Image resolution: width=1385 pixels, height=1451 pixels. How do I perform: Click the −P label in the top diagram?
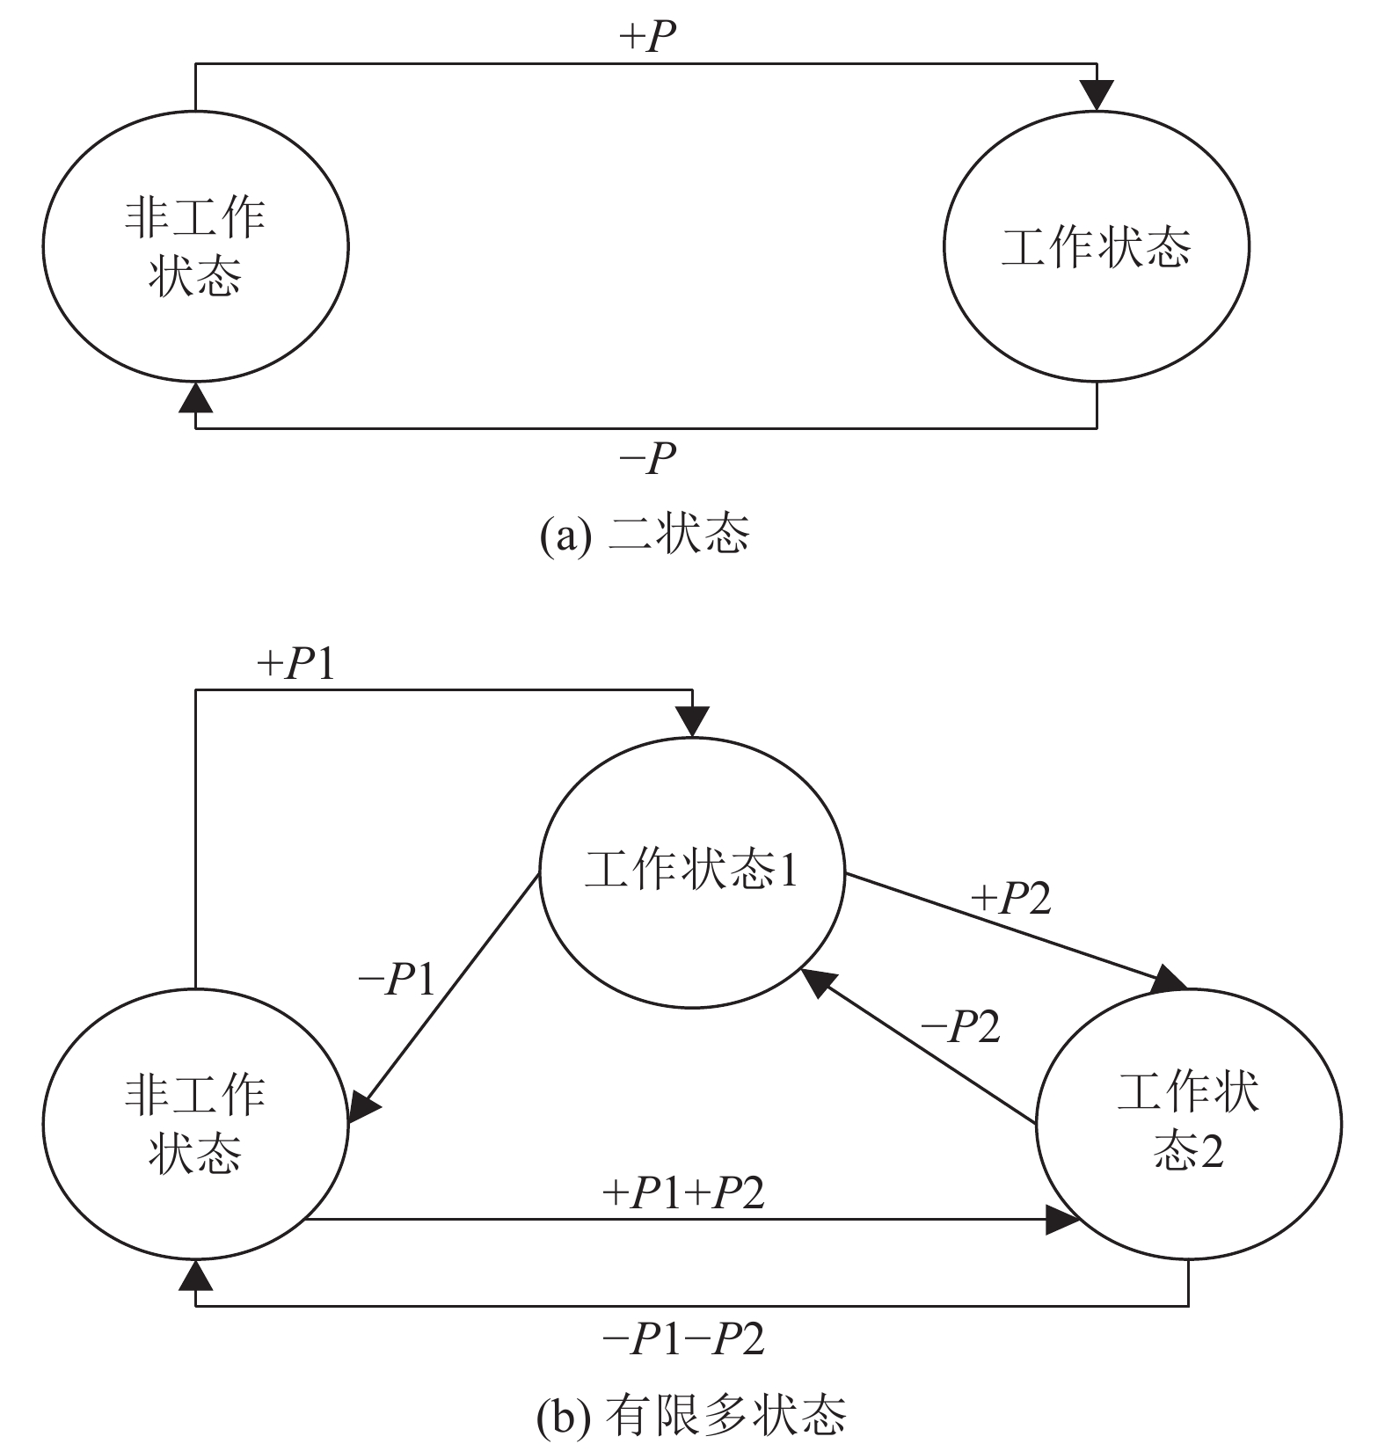648,457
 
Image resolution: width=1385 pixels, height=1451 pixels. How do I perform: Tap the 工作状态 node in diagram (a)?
1097,247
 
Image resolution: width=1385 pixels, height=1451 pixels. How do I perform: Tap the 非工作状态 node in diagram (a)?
195,247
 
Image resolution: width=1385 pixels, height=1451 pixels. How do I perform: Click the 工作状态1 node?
691,871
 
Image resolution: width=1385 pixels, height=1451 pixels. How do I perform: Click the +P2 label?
1011,898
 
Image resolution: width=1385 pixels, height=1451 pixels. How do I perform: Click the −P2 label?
960,1025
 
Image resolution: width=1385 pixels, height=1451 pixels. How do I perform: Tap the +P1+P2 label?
683,1193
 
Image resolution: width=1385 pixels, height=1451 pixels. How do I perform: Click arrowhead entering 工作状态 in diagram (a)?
1097,95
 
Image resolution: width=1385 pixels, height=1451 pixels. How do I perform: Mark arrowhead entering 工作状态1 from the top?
692,721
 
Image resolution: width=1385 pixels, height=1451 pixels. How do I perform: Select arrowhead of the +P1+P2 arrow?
1062,1220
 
